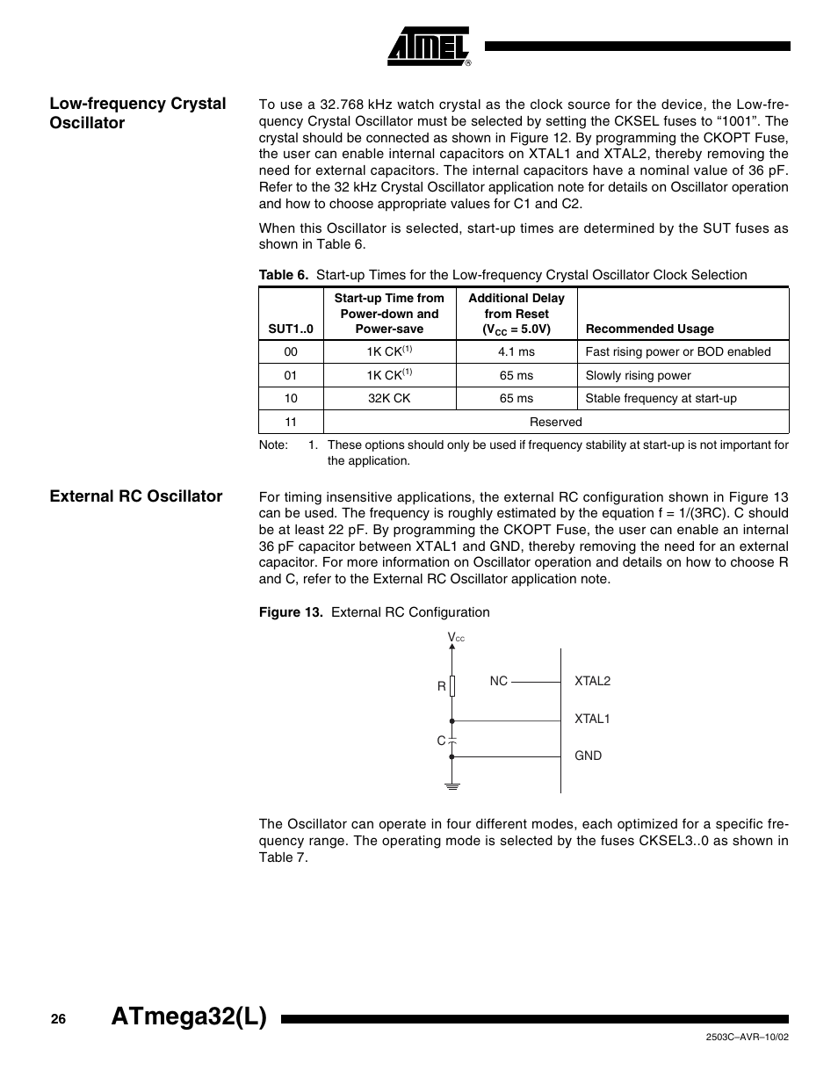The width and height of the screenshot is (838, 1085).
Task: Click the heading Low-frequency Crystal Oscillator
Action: point(138,113)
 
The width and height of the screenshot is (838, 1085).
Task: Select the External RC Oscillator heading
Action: point(136,496)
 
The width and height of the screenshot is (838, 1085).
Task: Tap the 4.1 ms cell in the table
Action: point(516,351)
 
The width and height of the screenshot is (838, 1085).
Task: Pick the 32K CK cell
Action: point(389,398)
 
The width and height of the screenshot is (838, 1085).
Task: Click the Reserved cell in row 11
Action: point(555,422)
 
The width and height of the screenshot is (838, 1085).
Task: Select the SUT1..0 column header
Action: point(291,329)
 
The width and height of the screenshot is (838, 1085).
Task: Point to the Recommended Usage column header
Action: point(649,329)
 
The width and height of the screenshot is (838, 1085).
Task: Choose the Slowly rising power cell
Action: point(638,375)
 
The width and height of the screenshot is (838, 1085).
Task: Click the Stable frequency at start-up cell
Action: point(661,398)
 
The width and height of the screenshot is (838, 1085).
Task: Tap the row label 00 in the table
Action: point(291,351)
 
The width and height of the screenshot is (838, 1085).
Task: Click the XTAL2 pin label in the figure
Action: point(592,681)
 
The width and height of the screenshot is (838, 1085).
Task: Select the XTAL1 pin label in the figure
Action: point(592,719)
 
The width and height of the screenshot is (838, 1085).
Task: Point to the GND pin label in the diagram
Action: point(588,756)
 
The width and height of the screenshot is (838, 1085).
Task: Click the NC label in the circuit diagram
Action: point(499,681)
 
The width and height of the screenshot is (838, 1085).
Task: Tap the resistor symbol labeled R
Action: point(452,686)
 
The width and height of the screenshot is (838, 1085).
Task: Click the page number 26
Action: point(58,1019)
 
